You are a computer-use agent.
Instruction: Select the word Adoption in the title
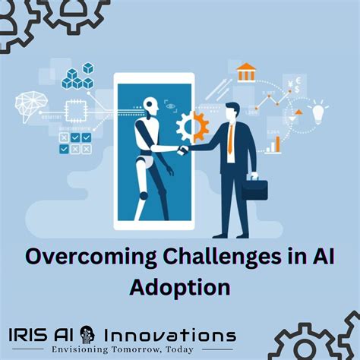tap(180, 288)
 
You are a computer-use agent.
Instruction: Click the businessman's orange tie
tap(231, 141)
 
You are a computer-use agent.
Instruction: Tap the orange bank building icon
tap(246, 73)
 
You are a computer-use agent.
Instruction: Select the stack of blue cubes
tap(80, 76)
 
